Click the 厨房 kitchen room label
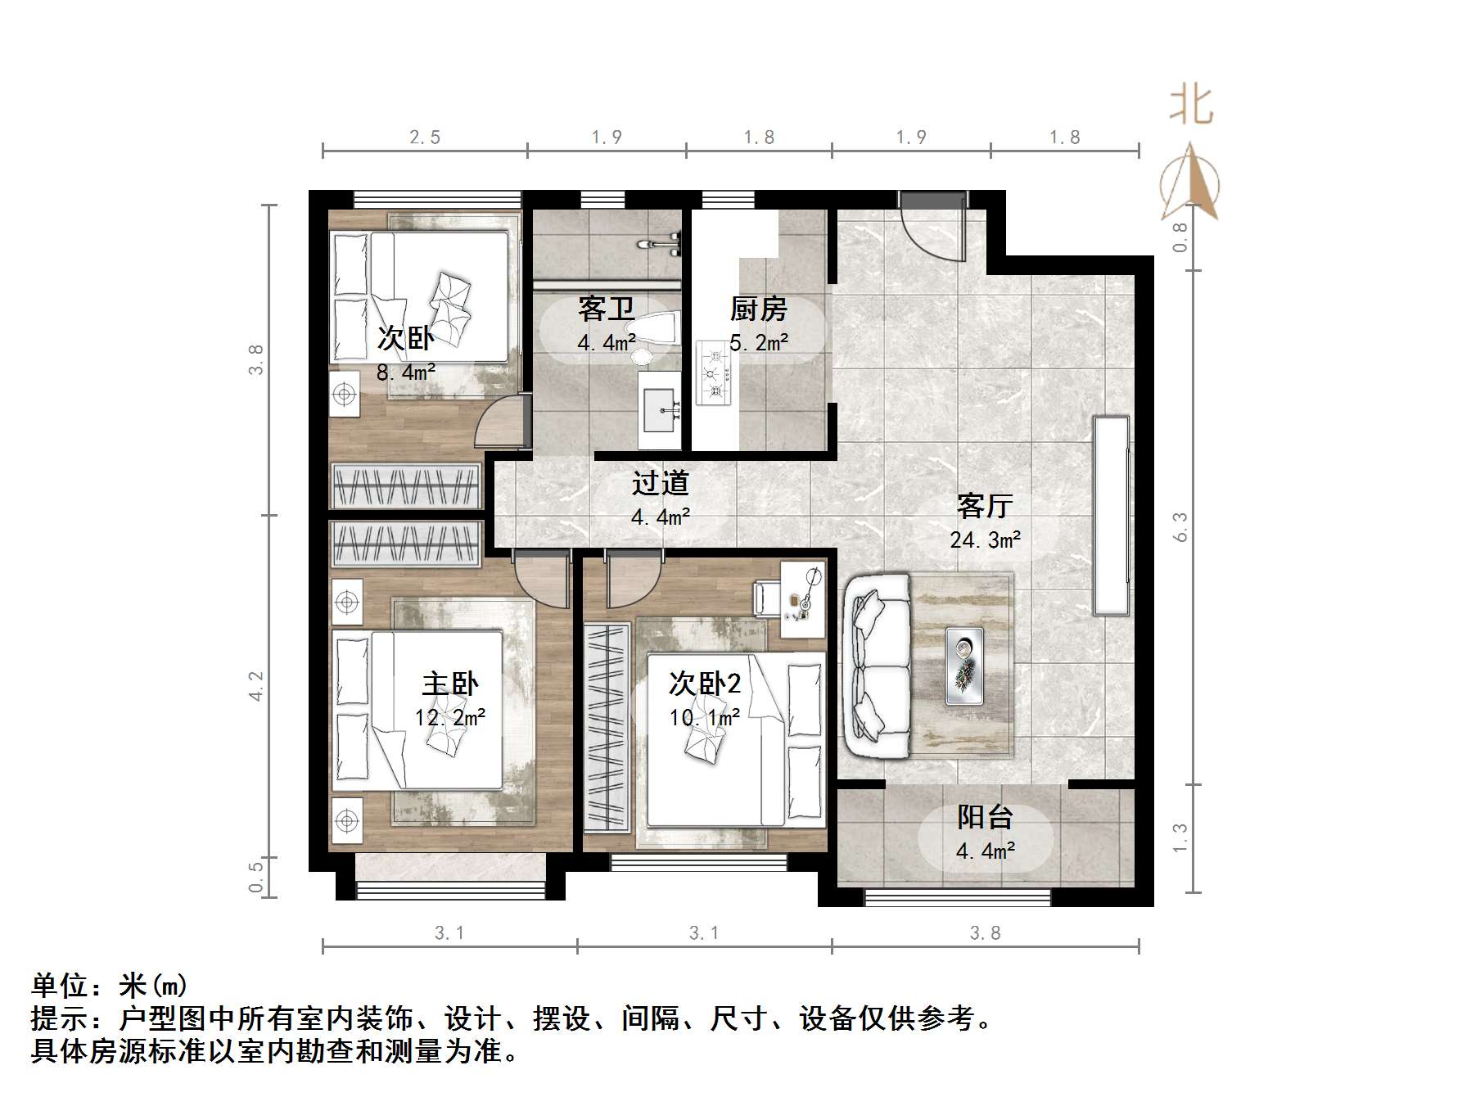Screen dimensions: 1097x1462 (x=758, y=309)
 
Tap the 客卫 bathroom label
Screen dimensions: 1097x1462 (x=606, y=309)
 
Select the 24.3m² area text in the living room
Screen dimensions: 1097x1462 (x=985, y=540)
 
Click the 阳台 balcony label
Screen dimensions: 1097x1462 (x=985, y=817)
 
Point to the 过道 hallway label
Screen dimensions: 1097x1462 (x=660, y=484)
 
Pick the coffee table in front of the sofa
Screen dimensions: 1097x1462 (x=964, y=666)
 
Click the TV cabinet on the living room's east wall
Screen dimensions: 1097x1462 (x=1112, y=515)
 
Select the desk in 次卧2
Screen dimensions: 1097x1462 (x=801, y=598)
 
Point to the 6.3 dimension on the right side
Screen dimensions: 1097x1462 (x=1180, y=526)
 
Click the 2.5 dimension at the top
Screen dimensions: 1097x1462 (x=425, y=138)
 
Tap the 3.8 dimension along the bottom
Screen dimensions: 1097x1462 (x=985, y=933)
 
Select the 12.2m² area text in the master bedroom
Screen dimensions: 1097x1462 (x=450, y=718)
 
